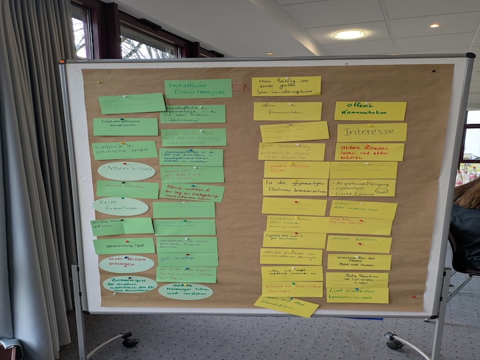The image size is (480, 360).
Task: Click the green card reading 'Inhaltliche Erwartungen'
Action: click(198, 89)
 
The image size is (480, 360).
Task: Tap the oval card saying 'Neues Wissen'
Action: click(126, 171)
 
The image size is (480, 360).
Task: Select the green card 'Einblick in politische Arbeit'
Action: click(124, 150)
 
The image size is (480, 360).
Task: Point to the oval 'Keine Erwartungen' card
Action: click(121, 207)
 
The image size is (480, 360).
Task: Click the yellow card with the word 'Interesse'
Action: click(371, 131)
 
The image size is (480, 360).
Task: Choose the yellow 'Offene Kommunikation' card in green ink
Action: click(370, 111)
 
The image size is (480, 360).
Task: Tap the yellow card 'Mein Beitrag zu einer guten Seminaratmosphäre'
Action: click(286, 86)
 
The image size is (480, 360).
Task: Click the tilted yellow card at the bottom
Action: click(287, 305)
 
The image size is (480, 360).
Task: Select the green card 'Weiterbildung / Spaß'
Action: click(123, 246)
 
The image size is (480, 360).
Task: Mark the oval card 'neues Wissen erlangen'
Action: click(126, 264)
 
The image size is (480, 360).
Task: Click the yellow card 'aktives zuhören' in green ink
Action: click(359, 244)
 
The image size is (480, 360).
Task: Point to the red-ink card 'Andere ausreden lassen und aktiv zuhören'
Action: click(369, 152)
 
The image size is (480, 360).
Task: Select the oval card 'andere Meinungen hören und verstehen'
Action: click(185, 291)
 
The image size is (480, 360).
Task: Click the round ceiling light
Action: click(349, 35)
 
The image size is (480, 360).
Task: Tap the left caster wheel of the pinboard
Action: click(129, 341)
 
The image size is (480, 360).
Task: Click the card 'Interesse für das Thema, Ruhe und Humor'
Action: click(359, 262)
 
